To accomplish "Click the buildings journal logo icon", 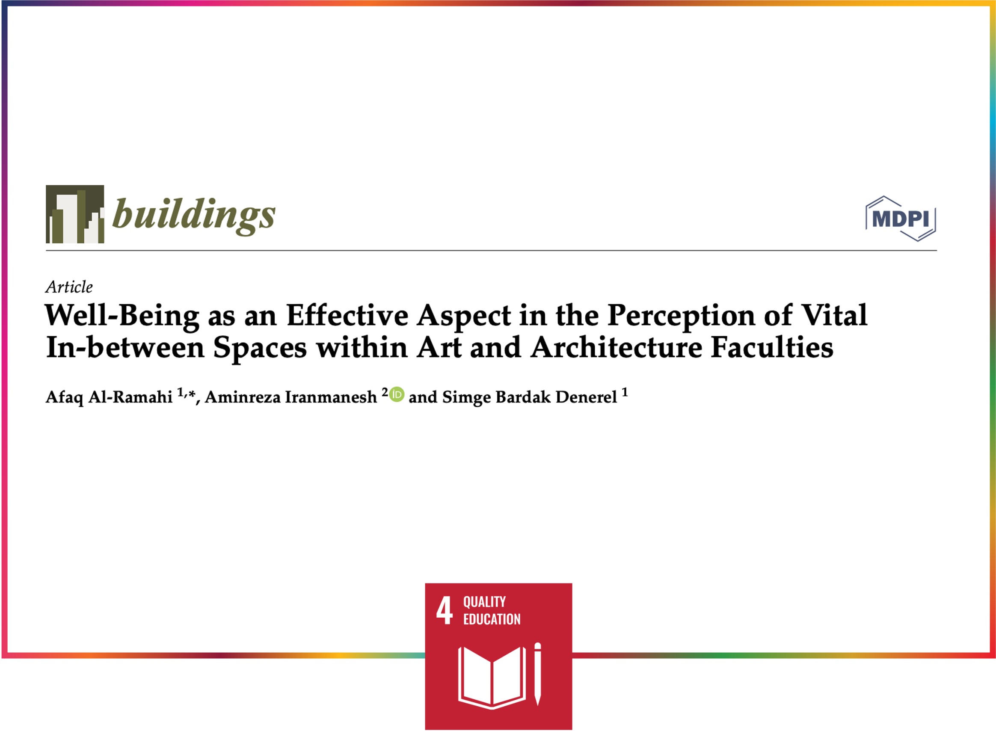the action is click(x=75, y=214).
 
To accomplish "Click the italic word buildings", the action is click(x=194, y=216).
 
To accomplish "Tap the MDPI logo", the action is click(x=901, y=219).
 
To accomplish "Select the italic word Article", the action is click(x=69, y=287).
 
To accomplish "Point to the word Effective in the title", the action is click(x=347, y=316).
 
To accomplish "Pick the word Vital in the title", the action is click(x=835, y=316).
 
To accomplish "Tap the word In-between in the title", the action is click(x=125, y=347).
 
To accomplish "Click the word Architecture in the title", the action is click(x=617, y=347).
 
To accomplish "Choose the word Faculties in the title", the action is click(x=772, y=347).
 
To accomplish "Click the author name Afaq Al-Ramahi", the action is click(x=109, y=397).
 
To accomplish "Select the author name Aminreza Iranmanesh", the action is click(x=290, y=397).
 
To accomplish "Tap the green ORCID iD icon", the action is click(x=397, y=394).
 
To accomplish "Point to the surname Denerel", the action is click(x=586, y=397).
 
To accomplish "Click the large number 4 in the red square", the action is click(x=444, y=610).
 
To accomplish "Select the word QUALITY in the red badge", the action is click(x=484, y=602).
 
